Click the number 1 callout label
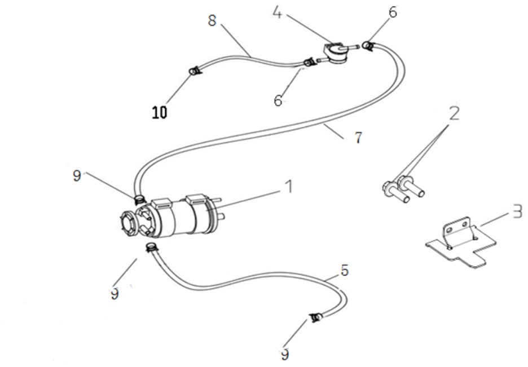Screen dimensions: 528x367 [x=288, y=187]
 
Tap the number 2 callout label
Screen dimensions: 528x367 [x=454, y=113]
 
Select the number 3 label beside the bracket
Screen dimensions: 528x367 [x=517, y=211]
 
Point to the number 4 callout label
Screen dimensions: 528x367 [x=277, y=13]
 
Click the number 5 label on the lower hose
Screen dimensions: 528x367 [x=344, y=271]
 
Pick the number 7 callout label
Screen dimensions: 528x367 [x=358, y=138]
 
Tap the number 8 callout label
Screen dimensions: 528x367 [x=212, y=20]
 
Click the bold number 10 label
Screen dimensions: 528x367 [x=159, y=112]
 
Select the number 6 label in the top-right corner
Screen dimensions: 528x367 [x=393, y=12]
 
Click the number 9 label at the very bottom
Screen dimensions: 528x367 [x=285, y=354]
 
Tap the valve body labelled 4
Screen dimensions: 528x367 [x=336, y=54]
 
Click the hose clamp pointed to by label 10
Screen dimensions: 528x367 [x=194, y=71]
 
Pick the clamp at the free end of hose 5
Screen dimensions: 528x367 [x=315, y=317]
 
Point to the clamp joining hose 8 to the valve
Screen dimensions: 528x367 [x=309, y=63]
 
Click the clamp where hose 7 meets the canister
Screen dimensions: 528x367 [x=139, y=200]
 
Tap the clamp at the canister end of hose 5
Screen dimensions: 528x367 [x=152, y=247]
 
